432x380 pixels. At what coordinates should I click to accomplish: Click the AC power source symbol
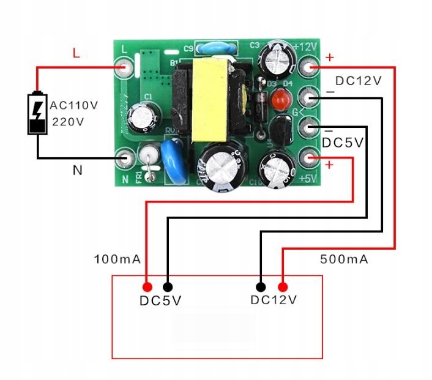click(x=37, y=113)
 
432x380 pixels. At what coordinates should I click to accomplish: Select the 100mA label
click(x=117, y=259)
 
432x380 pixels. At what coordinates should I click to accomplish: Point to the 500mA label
click(x=344, y=259)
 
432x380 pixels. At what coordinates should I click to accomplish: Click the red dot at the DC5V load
click(x=147, y=286)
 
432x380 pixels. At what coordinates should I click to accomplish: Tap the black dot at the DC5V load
click(x=168, y=286)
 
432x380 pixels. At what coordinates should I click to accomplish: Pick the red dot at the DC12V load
click(x=283, y=286)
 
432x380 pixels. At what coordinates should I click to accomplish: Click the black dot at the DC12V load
click(x=261, y=286)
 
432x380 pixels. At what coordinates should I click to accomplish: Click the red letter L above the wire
click(x=76, y=53)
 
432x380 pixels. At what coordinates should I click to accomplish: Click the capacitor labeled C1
click(x=146, y=115)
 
